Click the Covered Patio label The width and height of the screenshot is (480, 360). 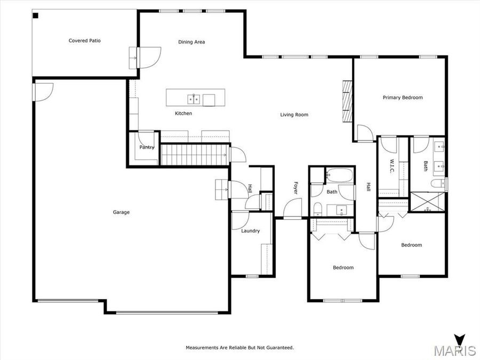tap(84, 41)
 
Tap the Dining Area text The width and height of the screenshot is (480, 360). tap(191, 42)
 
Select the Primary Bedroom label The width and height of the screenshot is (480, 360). tap(403, 98)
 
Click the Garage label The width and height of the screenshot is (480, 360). tap(121, 212)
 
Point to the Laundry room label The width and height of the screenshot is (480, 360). tap(250, 231)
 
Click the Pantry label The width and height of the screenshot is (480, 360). tap(147, 147)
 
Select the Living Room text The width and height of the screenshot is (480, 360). tap(294, 115)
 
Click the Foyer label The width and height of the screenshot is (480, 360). tap(295, 188)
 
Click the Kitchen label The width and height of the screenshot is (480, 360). tap(183, 114)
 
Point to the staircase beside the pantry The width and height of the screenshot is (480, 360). tap(195, 155)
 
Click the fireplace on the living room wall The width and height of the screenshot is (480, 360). tap(348, 101)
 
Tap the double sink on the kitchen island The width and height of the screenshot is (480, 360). tap(193, 99)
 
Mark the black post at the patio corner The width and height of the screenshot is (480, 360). tap(35, 15)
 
